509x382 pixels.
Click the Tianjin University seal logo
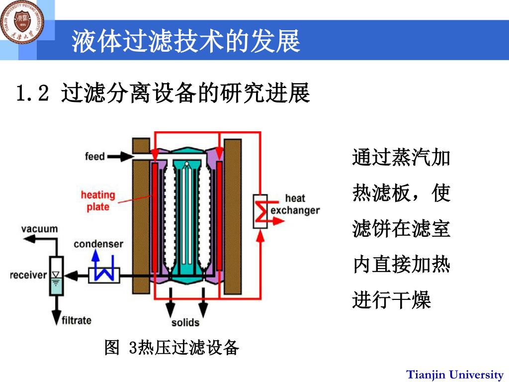pos(22,21)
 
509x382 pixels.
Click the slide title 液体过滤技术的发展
pos(186,41)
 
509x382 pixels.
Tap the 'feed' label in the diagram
pos(95,157)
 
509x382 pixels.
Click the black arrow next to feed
pos(120,157)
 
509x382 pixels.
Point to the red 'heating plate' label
pos(98,200)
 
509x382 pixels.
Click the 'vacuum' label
pos(40,229)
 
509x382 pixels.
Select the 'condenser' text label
pos(98,244)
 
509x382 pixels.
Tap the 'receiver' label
pos(28,275)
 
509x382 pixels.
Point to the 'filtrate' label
pos(76,320)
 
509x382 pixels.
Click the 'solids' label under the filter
pos(185,322)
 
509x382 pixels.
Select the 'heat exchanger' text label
pos(295,204)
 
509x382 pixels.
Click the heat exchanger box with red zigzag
pos(260,210)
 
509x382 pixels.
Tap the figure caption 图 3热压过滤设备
pos(172,348)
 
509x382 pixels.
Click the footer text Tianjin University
pos(455,374)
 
